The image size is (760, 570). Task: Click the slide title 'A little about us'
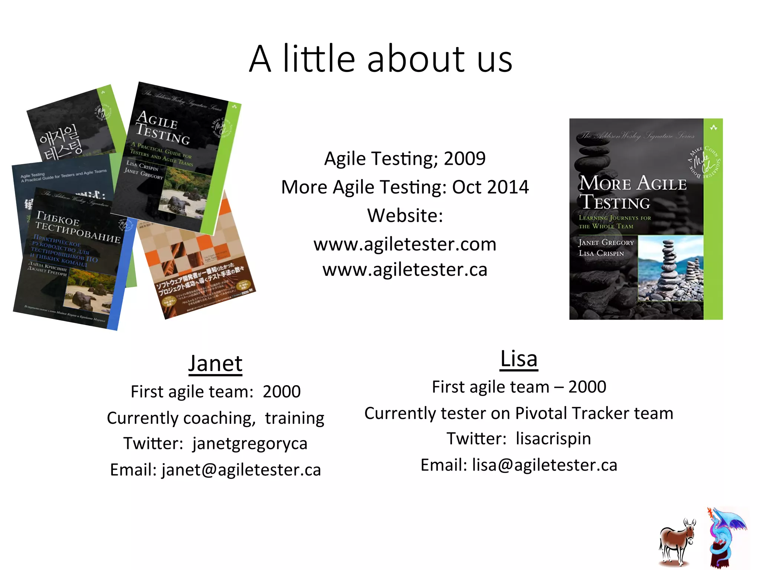[380, 59]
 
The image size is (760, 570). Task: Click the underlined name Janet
[215, 364]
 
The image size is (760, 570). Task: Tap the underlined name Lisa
[519, 359]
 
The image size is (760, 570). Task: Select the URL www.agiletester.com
[405, 245]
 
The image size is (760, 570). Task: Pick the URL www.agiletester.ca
[405, 270]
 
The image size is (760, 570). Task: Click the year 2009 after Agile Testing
[465, 159]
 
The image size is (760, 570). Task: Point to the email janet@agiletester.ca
[241, 470]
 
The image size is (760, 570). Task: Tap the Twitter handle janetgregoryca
[250, 444]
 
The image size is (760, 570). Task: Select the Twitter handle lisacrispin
[553, 439]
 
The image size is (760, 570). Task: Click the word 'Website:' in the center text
[405, 216]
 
